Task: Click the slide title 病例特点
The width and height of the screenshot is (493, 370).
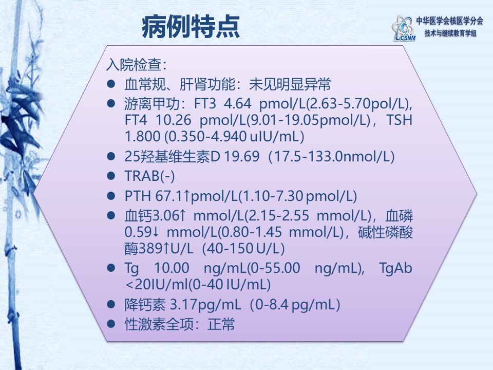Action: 191,27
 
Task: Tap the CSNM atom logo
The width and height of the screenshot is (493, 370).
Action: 404,28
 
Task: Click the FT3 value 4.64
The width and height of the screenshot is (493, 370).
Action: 237,103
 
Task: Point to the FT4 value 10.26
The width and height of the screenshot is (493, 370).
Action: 173,120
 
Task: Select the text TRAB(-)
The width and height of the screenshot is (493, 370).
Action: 149,176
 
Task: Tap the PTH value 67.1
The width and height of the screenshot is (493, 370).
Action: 169,196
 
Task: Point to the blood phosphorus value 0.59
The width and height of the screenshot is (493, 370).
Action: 138,232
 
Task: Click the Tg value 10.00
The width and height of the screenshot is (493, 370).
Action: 172,268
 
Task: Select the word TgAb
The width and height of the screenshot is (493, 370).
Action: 395,268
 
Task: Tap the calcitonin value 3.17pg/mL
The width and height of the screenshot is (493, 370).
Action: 205,305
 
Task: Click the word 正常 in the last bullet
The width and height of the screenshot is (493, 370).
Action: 221,324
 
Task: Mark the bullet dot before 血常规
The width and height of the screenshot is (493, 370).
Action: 111,84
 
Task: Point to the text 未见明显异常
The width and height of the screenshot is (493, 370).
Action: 290,84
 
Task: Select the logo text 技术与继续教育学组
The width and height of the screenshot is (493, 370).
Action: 450,33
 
